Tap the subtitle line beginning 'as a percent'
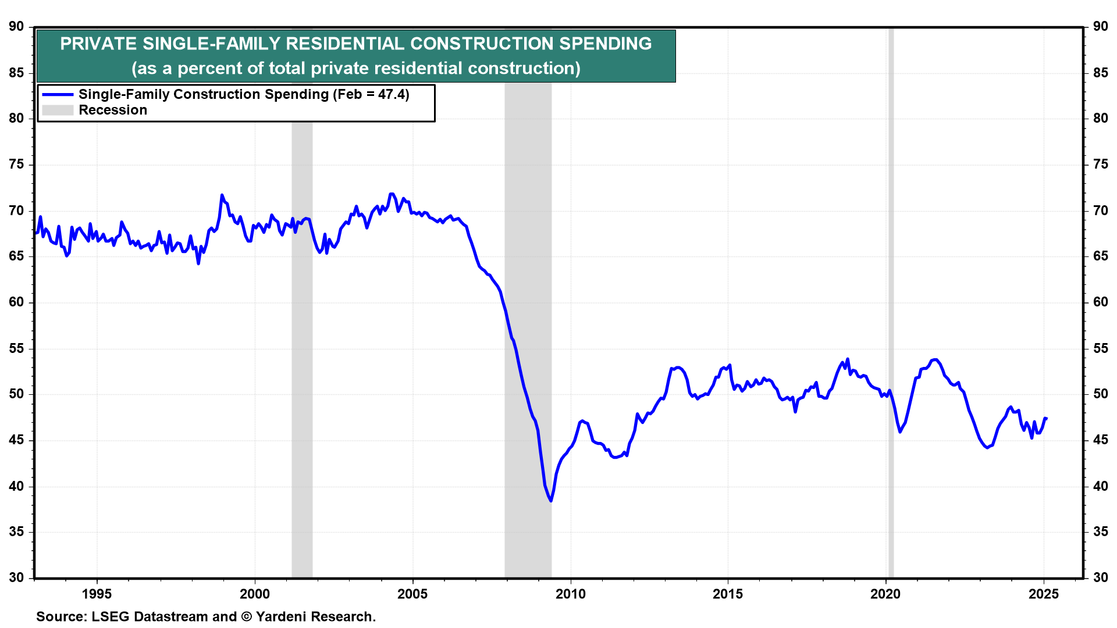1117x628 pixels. tap(355, 69)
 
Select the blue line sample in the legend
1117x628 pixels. tap(58, 94)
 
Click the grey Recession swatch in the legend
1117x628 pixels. tap(58, 110)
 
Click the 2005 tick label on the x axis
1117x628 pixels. tap(412, 594)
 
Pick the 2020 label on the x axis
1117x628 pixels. tap(885, 594)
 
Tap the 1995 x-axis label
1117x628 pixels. tap(97, 594)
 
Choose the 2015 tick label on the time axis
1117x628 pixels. tap(728, 594)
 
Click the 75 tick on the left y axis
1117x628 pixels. tap(16, 165)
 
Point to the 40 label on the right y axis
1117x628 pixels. tap(1100, 486)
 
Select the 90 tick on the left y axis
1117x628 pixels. tap(16, 27)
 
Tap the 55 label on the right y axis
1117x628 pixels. tap(1100, 348)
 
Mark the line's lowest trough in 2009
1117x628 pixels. tap(550, 501)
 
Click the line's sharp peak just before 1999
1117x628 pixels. tap(222, 195)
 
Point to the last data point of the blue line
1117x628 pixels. tap(1046, 419)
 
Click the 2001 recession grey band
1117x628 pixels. tap(302, 349)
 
